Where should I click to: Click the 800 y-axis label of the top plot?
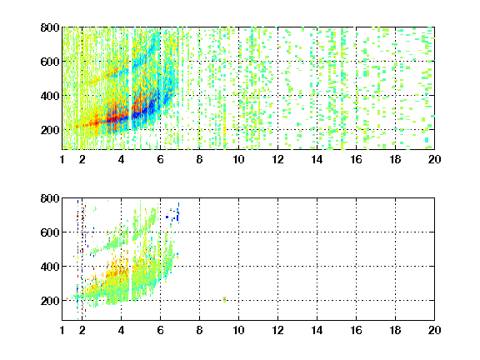(50, 27)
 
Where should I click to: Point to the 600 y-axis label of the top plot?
(50, 62)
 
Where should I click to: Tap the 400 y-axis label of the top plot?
(50, 96)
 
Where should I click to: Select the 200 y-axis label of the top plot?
(50, 130)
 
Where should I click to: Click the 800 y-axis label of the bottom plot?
(50, 198)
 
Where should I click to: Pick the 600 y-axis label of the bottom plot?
(50, 232)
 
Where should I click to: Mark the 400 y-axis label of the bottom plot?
(50, 267)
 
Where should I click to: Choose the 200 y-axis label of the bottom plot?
(50, 301)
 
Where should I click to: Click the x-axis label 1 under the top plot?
(62, 159)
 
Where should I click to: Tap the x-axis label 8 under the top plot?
(200, 159)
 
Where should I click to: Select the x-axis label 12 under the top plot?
(278, 159)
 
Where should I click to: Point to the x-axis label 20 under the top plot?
(435, 159)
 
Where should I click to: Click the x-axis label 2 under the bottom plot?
(82, 330)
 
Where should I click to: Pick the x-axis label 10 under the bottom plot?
(239, 330)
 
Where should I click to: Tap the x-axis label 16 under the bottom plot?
(357, 330)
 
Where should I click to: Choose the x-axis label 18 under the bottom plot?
(396, 330)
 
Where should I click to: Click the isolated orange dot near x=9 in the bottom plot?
(224, 298)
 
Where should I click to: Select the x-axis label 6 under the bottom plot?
(160, 330)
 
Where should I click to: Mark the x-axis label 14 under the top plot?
(317, 159)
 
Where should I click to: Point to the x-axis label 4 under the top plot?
(121, 159)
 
